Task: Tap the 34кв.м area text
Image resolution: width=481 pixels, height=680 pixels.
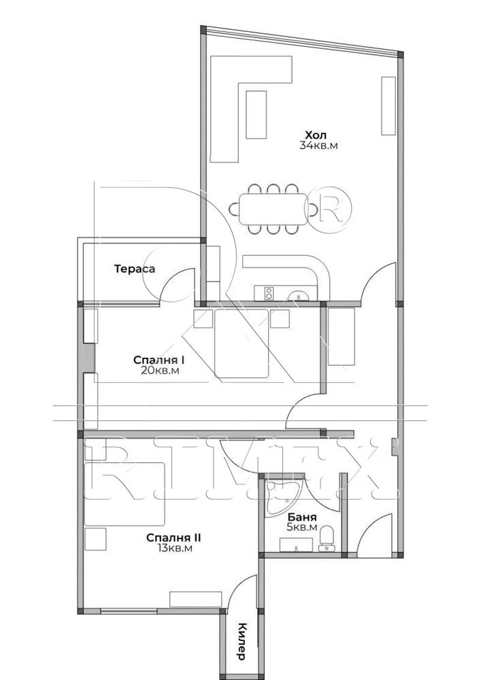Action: (x=318, y=146)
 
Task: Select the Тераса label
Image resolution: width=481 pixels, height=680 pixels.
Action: (x=135, y=269)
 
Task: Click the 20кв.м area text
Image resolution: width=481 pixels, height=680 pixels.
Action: (x=160, y=371)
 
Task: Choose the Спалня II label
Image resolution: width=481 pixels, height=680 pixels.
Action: (x=173, y=538)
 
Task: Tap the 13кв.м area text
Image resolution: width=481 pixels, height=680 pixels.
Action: (x=175, y=549)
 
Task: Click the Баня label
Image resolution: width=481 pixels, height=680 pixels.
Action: (x=302, y=517)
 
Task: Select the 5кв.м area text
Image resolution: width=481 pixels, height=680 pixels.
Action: (x=302, y=528)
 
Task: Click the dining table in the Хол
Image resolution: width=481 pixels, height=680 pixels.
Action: (x=273, y=209)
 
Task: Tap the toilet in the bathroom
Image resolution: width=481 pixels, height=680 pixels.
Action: (x=326, y=538)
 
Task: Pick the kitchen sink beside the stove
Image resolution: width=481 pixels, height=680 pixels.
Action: (x=299, y=296)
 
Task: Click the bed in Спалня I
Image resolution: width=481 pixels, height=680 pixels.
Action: (x=242, y=343)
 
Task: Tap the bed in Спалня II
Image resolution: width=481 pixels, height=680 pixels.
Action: (x=125, y=494)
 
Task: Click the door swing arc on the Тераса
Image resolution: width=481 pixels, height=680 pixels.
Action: (x=177, y=284)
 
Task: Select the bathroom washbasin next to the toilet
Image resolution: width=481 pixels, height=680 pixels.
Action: (x=297, y=545)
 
